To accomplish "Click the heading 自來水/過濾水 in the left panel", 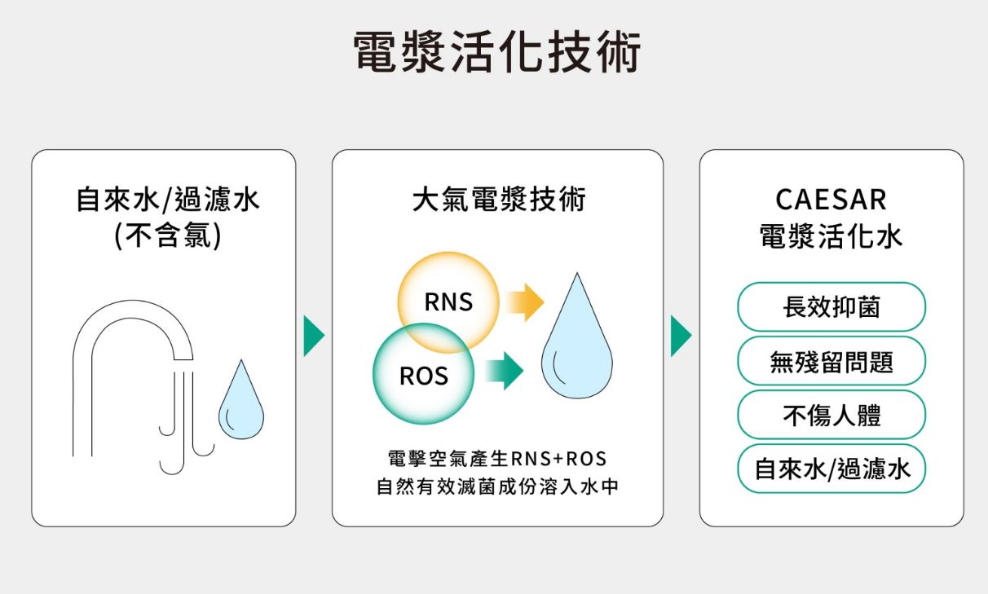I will (x=167, y=200).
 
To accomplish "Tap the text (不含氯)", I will (x=167, y=236).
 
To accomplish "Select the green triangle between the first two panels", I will (x=313, y=337).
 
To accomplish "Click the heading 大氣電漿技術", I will (x=498, y=200).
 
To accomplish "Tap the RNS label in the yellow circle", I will (x=448, y=302).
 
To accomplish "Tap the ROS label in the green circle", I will (x=423, y=376).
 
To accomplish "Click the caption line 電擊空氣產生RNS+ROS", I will (x=498, y=457).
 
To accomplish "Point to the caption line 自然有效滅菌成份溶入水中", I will (x=498, y=487).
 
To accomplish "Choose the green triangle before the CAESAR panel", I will (x=680, y=337).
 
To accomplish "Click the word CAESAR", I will (x=831, y=200).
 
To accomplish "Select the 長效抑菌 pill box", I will (x=831, y=307).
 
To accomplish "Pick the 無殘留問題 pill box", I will (x=831, y=361).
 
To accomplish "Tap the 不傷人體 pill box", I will (x=831, y=416).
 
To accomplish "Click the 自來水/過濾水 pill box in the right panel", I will (x=831, y=469).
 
